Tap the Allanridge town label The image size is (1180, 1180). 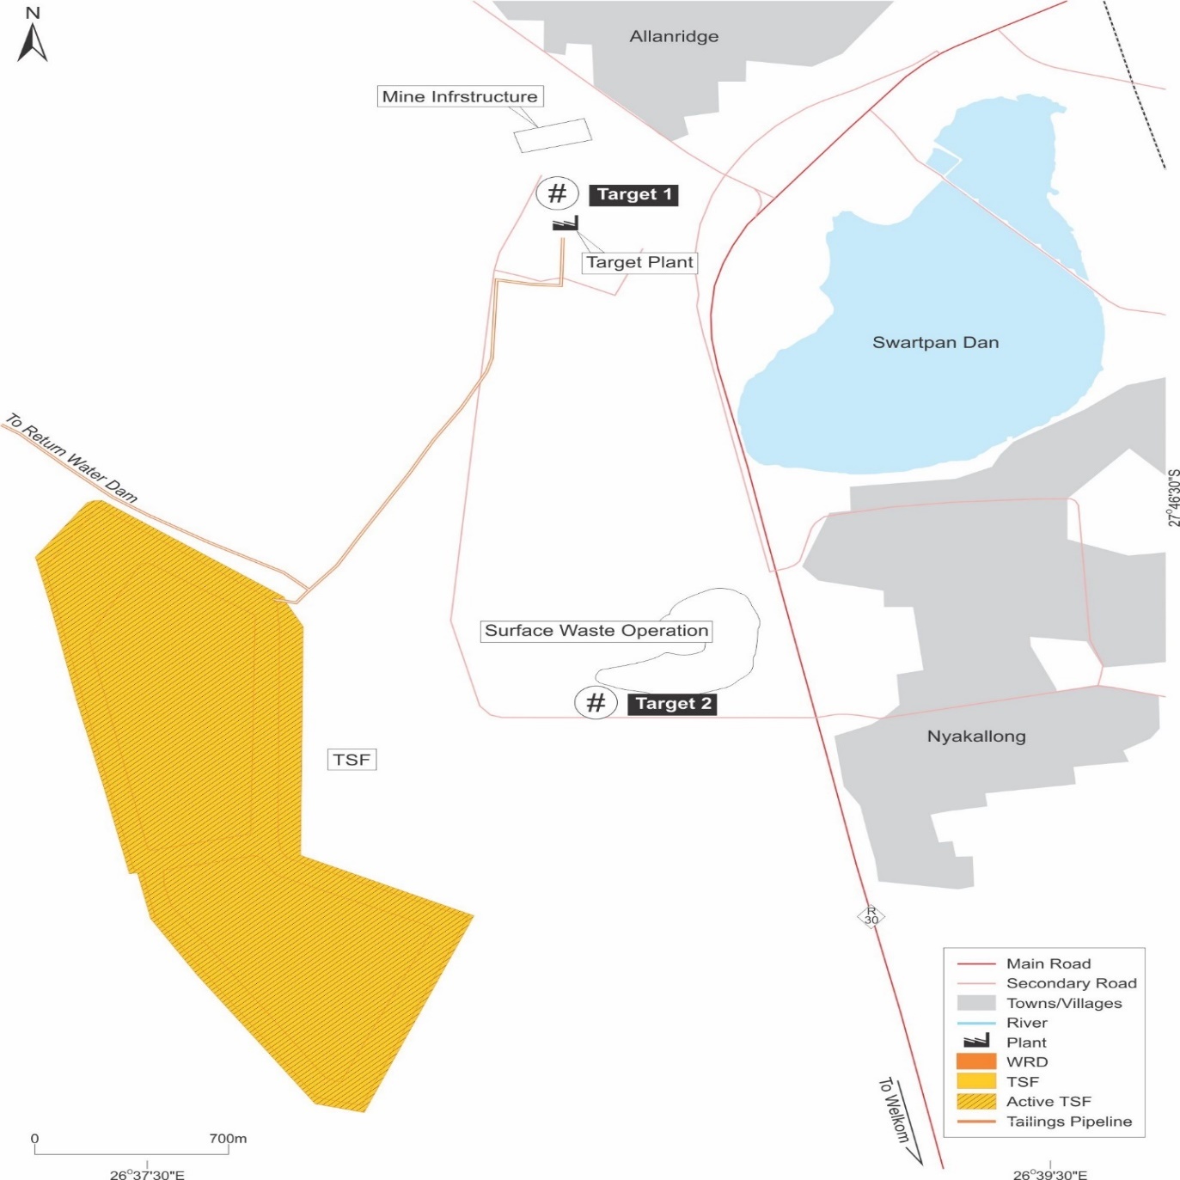674,37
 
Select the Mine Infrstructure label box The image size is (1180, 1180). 460,96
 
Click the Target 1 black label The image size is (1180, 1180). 633,194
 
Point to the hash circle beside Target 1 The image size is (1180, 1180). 557,193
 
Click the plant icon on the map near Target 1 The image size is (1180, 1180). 565,223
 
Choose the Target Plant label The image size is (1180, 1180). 639,262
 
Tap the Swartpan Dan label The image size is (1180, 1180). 935,343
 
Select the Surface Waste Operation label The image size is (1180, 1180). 596,631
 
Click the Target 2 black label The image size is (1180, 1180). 672,704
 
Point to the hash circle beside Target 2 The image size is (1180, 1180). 596,703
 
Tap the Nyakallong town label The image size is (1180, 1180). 976,737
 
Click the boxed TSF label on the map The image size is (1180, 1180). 352,760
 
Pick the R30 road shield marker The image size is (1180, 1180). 871,916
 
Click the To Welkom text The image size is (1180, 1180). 894,1110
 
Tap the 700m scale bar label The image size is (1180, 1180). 228,1139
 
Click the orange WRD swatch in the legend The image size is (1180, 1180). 975,1062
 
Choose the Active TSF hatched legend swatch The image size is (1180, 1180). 975,1102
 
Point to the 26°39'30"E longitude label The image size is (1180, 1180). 1049,1175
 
